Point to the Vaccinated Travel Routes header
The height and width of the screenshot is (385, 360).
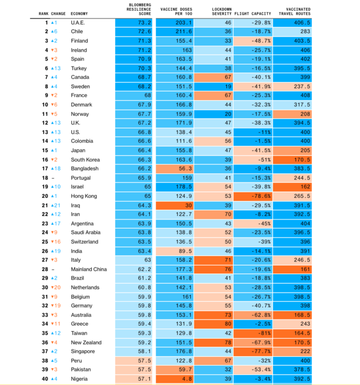pyautogui.click(x=298, y=11)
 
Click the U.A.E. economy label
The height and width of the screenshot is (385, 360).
pyautogui.click(x=79, y=22)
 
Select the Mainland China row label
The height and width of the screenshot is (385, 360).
pyautogui.click(x=88, y=269)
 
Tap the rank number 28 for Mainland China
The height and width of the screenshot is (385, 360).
pyautogui.click(x=44, y=269)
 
